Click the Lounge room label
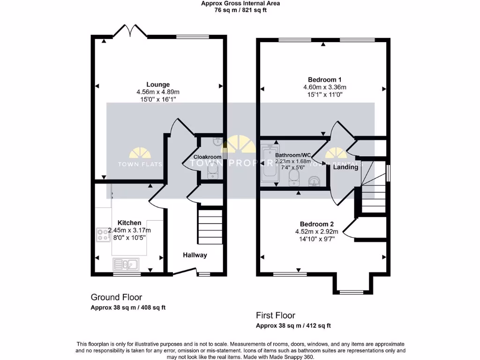point(157,84)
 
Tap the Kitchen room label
point(129,223)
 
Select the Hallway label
point(195,255)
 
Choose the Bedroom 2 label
point(317,224)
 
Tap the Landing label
point(345,167)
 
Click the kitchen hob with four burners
point(103,234)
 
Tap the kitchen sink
point(125,265)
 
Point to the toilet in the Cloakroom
point(212,173)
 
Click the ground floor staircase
point(210,225)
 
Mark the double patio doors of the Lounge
point(130,31)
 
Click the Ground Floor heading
point(116,297)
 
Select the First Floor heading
point(276,315)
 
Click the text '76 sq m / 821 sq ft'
point(240,10)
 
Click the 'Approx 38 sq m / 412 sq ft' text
point(293,326)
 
